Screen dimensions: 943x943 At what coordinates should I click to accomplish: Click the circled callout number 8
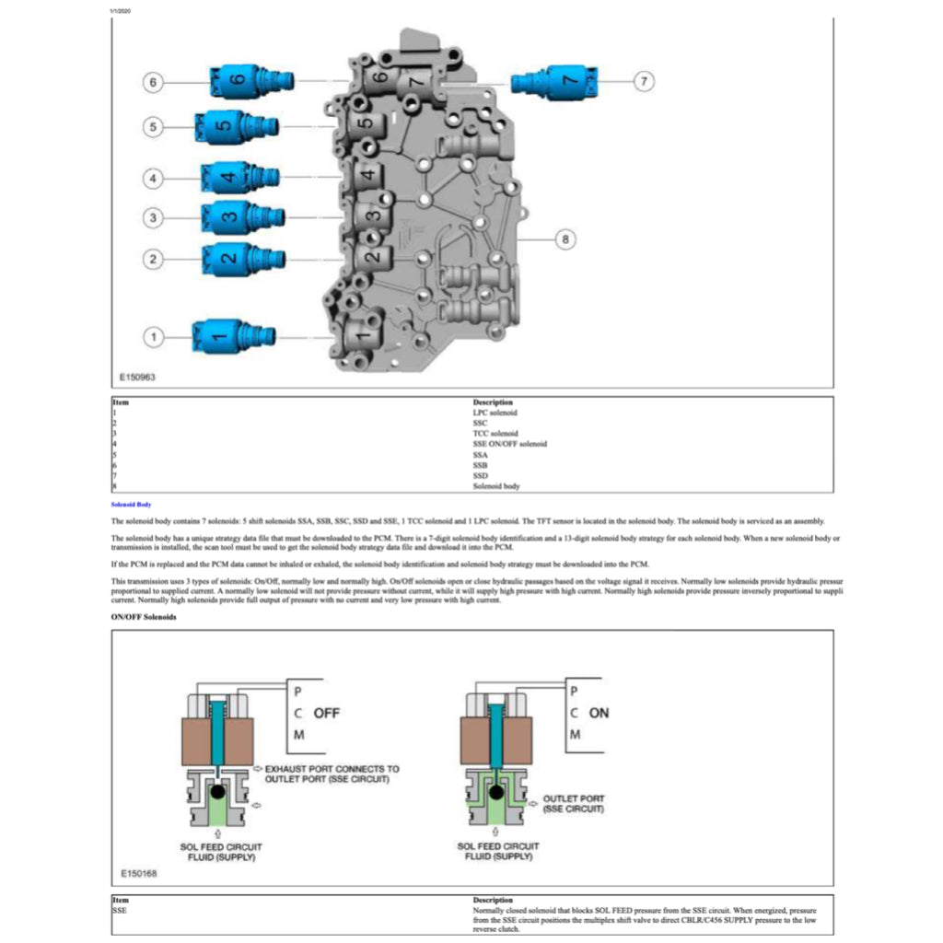point(565,239)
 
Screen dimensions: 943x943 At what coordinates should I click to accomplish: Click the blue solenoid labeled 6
point(248,81)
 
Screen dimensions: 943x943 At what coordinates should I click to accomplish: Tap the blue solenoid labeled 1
point(230,336)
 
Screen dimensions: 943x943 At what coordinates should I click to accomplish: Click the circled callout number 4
point(155,178)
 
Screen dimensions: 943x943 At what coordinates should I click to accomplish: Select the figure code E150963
point(137,377)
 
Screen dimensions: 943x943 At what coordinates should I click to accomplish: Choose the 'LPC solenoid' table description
point(495,413)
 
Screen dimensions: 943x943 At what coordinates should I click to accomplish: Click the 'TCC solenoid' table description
point(495,433)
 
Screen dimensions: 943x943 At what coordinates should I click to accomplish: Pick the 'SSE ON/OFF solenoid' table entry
point(509,444)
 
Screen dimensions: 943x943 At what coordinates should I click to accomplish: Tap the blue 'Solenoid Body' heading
point(130,505)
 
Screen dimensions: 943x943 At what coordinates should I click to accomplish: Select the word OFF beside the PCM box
point(326,713)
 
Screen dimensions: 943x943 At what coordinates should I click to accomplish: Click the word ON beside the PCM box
point(599,713)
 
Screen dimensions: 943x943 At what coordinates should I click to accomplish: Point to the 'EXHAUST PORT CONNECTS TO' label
point(332,768)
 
